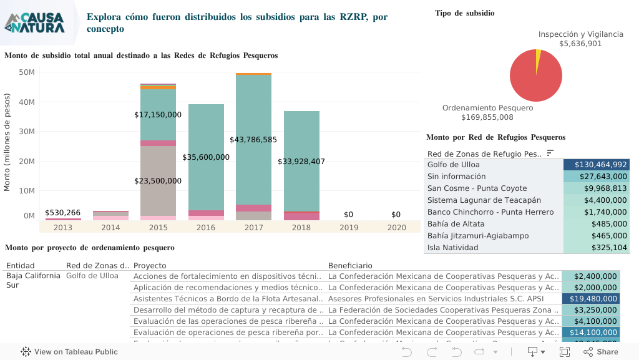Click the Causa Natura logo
35,22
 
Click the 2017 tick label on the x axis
253,228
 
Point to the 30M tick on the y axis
26,132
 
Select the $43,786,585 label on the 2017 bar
253,140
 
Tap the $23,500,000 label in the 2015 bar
158,181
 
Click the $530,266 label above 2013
63,213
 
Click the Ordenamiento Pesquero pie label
487,108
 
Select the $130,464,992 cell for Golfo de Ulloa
597,165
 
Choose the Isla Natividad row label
452,248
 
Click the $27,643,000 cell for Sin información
597,177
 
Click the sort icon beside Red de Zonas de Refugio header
550,153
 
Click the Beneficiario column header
350,266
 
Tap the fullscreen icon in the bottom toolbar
565,352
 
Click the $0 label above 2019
349,215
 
